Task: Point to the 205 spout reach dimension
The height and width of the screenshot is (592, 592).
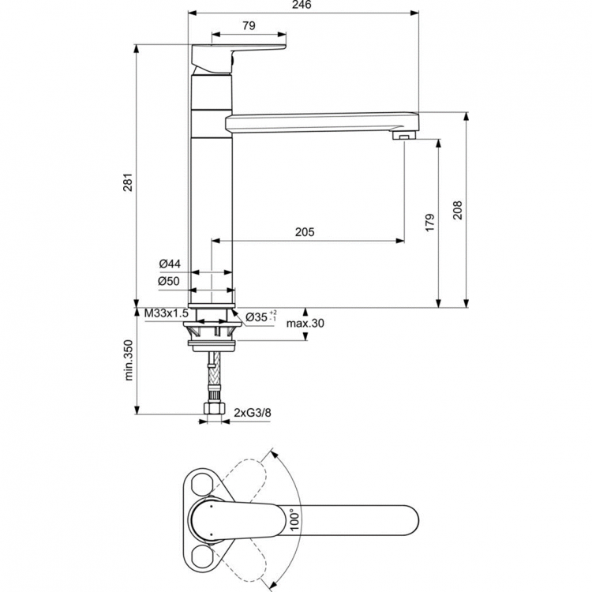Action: point(305,231)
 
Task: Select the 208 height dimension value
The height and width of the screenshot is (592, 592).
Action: point(457,209)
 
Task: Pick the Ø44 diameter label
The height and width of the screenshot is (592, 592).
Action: point(169,263)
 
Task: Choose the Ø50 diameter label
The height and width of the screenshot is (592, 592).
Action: point(169,281)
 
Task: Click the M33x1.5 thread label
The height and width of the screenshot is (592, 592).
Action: point(167,314)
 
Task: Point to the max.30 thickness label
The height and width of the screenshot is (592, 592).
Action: point(305,323)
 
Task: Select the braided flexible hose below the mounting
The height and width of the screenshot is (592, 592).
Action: point(212,377)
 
